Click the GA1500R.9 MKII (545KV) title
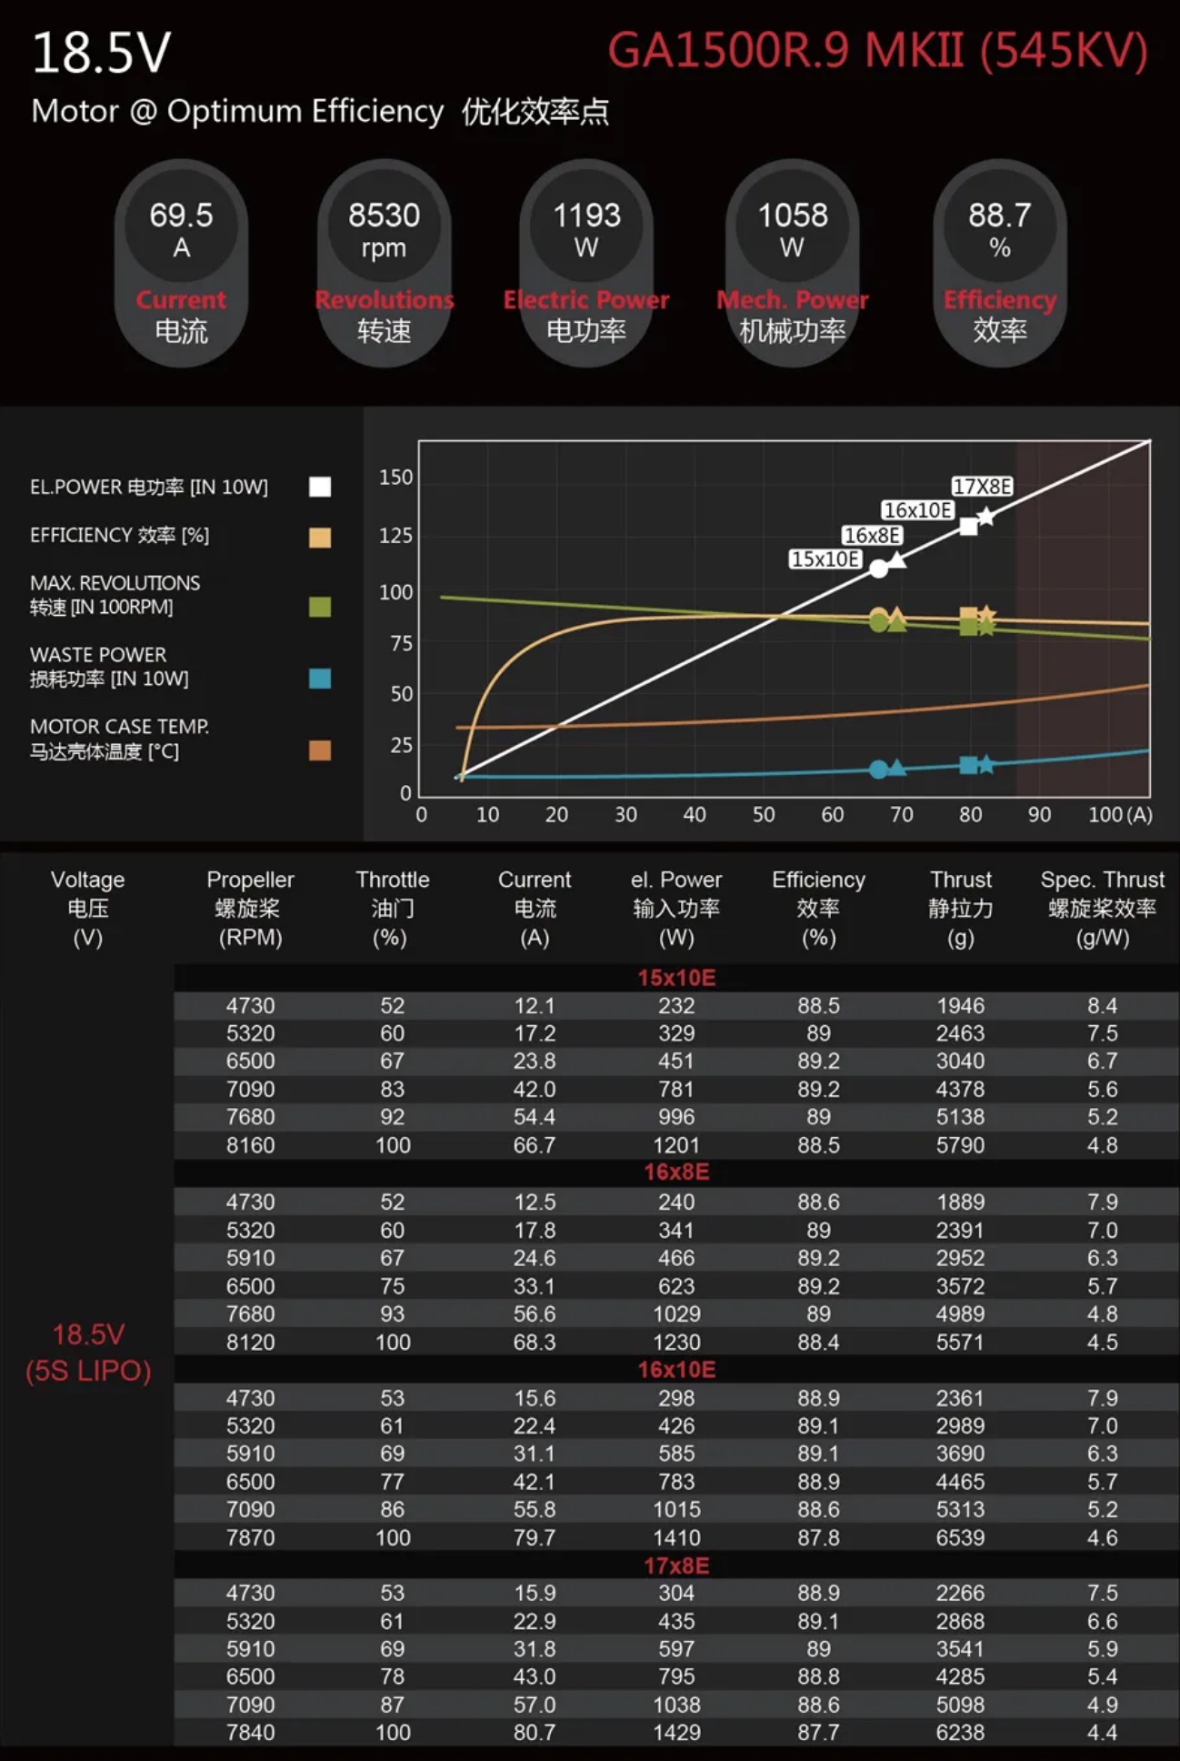pyautogui.click(x=877, y=51)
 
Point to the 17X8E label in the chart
pyautogui.click(x=982, y=487)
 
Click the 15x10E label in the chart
pyautogui.click(x=825, y=558)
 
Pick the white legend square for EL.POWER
pyautogui.click(x=320, y=487)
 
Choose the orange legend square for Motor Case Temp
pyautogui.click(x=320, y=750)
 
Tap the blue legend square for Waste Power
pyautogui.click(x=320, y=679)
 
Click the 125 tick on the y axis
pyautogui.click(x=395, y=535)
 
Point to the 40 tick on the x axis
pyautogui.click(x=695, y=815)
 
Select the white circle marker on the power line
pyautogui.click(x=878, y=569)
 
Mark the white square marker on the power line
pyautogui.click(x=969, y=527)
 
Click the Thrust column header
pyautogui.click(x=961, y=907)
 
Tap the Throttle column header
pyautogui.click(x=392, y=907)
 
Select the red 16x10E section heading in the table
pyautogui.click(x=676, y=1370)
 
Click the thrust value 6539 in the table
pyautogui.click(x=960, y=1537)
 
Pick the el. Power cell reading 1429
pyautogui.click(x=676, y=1732)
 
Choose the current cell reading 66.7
pyautogui.click(x=534, y=1145)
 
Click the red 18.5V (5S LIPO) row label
pyautogui.click(x=88, y=1353)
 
